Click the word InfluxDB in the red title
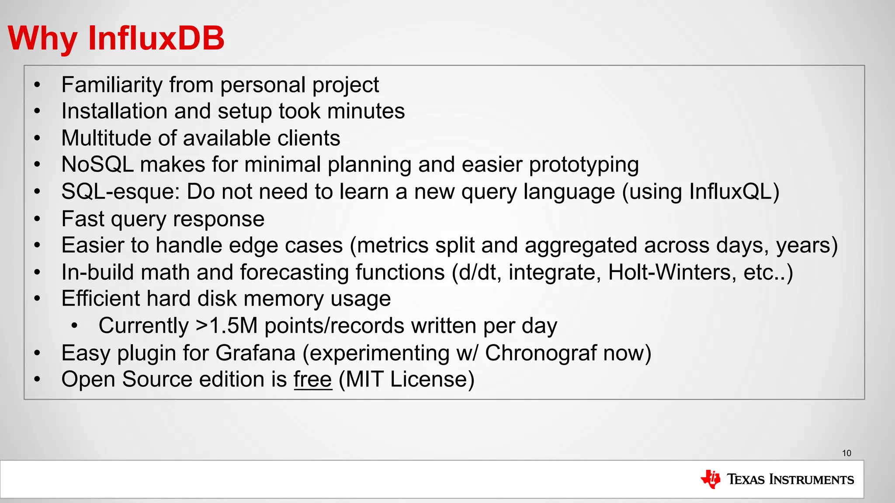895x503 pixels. tap(156, 38)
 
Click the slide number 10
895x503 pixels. tap(846, 453)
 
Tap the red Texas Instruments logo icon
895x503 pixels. tap(711, 479)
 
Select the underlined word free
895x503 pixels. tap(313, 379)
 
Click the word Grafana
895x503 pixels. tap(255, 353)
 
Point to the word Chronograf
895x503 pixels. tap(541, 353)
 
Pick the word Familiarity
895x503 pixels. tap(112, 85)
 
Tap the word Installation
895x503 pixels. tap(114, 111)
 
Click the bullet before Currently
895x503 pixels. tap(75, 326)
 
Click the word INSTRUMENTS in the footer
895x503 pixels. tap(811, 479)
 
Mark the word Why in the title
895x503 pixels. tap(42, 38)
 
